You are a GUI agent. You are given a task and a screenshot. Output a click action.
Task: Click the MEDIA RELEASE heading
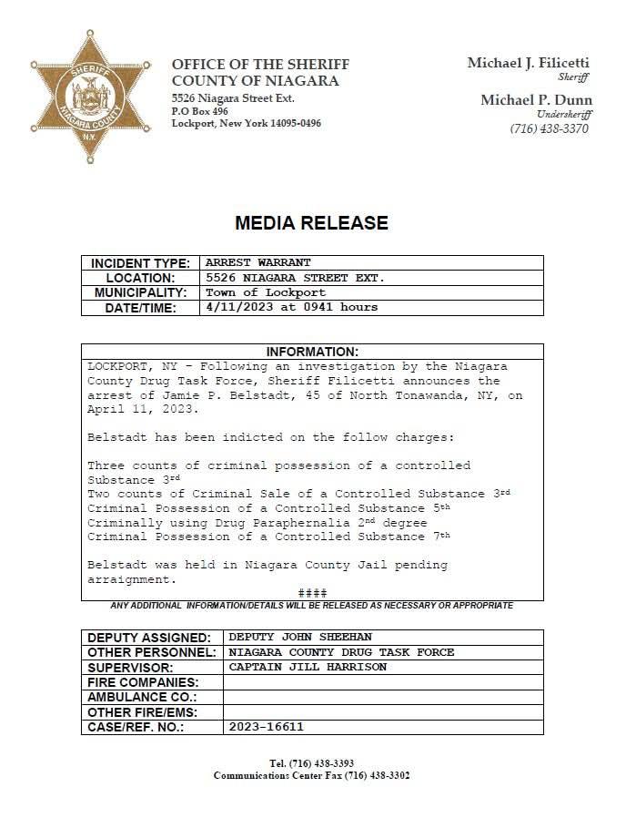click(x=311, y=222)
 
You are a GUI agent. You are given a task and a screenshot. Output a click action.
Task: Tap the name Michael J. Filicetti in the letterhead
click(x=528, y=63)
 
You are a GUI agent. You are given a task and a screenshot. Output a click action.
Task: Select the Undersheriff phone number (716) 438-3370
click(x=549, y=128)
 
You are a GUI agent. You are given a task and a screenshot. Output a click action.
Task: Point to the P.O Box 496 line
click(x=200, y=110)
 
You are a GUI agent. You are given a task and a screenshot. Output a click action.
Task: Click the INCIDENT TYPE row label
click(x=140, y=263)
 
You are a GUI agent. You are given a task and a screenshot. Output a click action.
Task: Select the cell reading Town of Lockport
click(x=266, y=292)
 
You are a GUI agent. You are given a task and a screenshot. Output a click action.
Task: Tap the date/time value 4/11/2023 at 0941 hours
click(x=291, y=307)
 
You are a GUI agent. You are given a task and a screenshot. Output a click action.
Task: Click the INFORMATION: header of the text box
click(x=312, y=352)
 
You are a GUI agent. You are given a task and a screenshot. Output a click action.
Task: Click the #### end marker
click(x=312, y=593)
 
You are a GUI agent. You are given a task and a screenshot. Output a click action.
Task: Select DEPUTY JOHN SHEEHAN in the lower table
click(x=300, y=637)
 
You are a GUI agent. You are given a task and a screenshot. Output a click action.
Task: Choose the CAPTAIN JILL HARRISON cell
click(x=308, y=667)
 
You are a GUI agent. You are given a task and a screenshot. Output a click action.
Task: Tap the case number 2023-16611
click(x=266, y=727)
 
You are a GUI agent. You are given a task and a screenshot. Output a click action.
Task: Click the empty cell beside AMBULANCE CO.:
click(x=383, y=697)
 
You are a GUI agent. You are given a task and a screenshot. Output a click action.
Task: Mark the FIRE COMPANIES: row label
click(x=142, y=682)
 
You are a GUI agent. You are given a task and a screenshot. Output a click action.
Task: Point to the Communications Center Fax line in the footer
click(x=311, y=775)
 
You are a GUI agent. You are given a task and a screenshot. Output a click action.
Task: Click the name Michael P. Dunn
click(x=536, y=100)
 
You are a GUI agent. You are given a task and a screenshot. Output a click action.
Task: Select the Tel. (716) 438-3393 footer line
click(x=311, y=762)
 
